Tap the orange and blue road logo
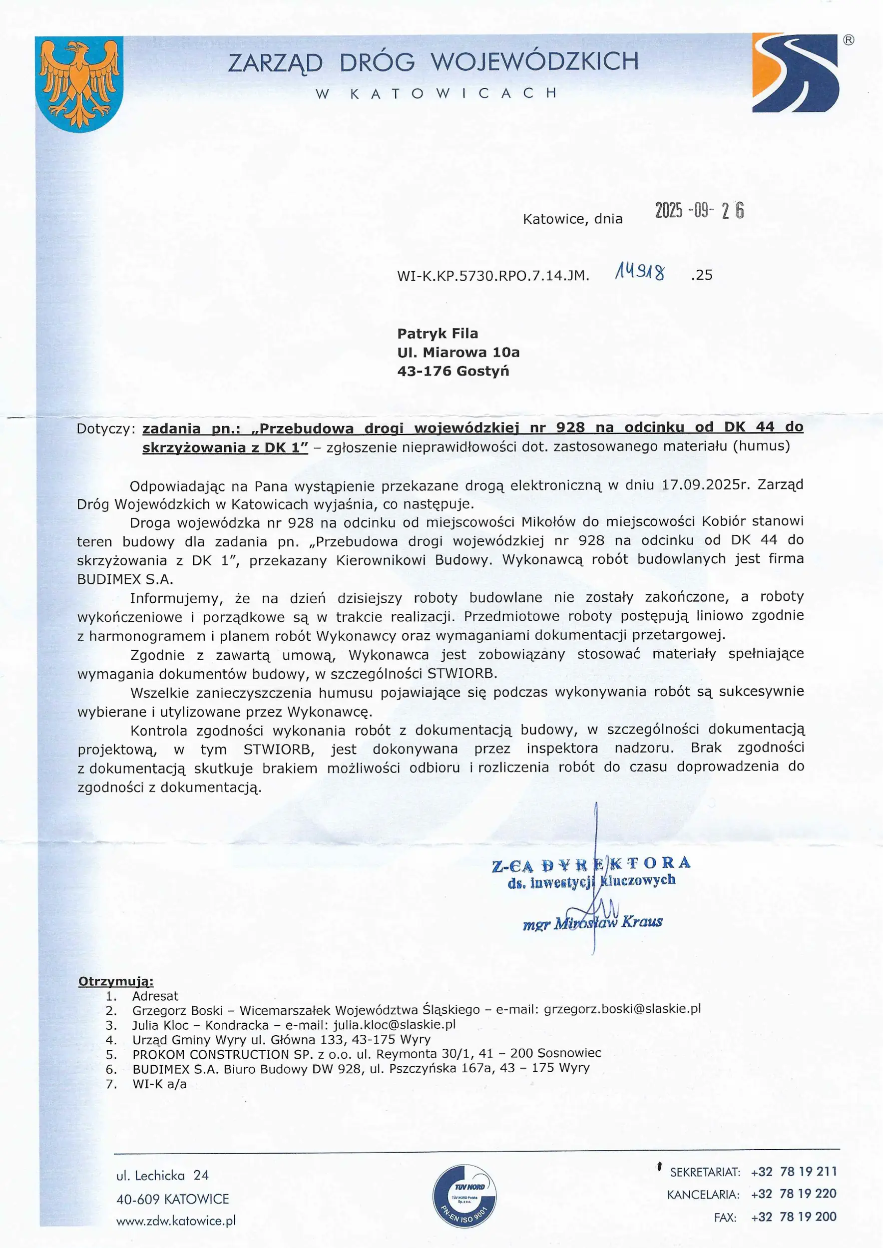click(x=796, y=73)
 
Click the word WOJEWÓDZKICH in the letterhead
click(x=534, y=62)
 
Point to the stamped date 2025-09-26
click(x=699, y=210)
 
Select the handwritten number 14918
click(x=639, y=271)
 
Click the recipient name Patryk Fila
click(x=438, y=334)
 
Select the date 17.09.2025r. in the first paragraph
click(x=705, y=484)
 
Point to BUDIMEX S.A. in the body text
click(x=124, y=579)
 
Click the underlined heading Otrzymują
click(x=116, y=982)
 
